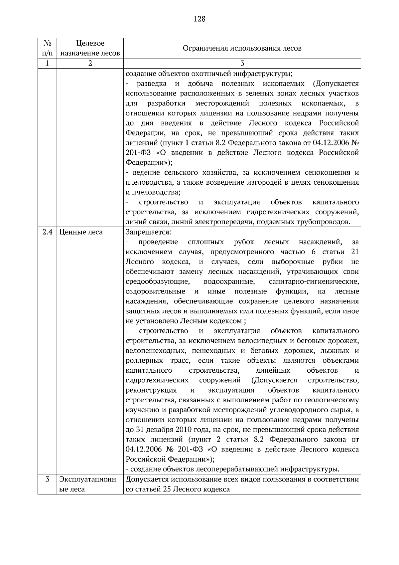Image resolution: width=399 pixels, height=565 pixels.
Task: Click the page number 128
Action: pos(199,19)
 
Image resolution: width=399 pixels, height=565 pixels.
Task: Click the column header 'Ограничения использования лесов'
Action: pos(242,48)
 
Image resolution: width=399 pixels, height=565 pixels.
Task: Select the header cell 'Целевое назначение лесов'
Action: pos(90,48)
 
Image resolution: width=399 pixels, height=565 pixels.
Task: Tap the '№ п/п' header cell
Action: pos(47,48)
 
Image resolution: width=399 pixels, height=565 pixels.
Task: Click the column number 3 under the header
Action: pos(242,63)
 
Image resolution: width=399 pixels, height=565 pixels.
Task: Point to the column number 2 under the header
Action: pos(90,63)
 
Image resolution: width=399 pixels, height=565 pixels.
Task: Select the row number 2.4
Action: pos(47,232)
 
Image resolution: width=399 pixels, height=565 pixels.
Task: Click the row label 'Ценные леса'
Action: pos(81,232)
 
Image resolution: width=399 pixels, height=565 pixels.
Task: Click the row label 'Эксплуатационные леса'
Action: pos(88,484)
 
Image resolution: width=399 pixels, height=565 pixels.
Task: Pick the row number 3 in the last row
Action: pos(47,479)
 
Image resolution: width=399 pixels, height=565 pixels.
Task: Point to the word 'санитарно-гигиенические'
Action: pos(314,282)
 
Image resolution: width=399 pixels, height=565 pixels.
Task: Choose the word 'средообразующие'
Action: pos(158,282)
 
